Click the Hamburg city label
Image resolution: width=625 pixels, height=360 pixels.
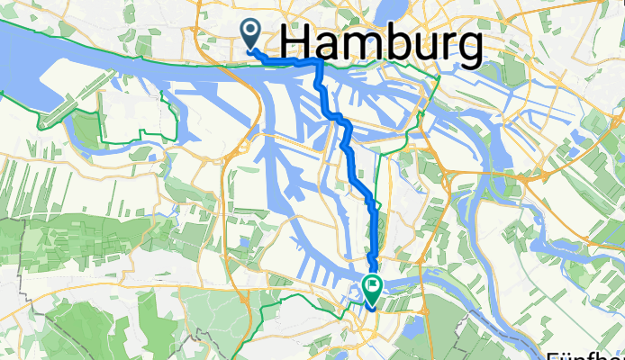(382, 45)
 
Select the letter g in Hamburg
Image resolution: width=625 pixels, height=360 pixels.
(465, 50)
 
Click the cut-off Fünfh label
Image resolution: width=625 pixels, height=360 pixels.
(586, 352)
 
